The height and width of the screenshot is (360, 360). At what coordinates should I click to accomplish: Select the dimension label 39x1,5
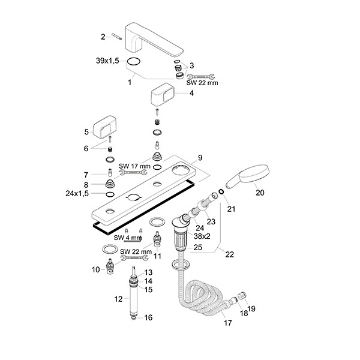(108, 61)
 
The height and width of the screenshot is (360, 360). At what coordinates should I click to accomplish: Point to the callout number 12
(118, 298)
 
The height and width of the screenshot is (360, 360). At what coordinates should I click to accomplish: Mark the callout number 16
(148, 317)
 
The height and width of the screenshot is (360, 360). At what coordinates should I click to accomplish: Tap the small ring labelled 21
(221, 193)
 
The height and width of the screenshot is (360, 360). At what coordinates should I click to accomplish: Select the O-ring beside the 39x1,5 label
(136, 61)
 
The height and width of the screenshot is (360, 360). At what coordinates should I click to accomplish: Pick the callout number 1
(129, 82)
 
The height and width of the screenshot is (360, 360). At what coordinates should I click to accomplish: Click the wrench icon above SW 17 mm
(129, 173)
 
